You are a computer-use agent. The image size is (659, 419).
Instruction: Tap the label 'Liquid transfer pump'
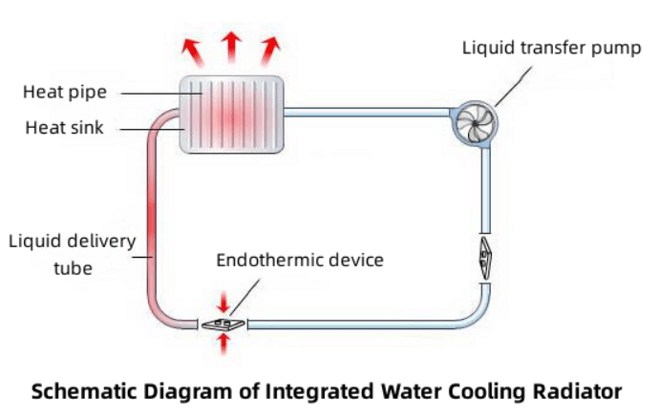[x=551, y=47]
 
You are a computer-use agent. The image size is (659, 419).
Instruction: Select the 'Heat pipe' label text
[x=64, y=93]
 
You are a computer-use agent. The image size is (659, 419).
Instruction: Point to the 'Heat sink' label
[x=64, y=127]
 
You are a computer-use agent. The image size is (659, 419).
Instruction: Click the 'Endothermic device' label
[x=299, y=260]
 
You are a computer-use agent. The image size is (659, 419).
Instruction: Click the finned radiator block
[x=233, y=115]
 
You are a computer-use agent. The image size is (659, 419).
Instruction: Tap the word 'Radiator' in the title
[x=574, y=391]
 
